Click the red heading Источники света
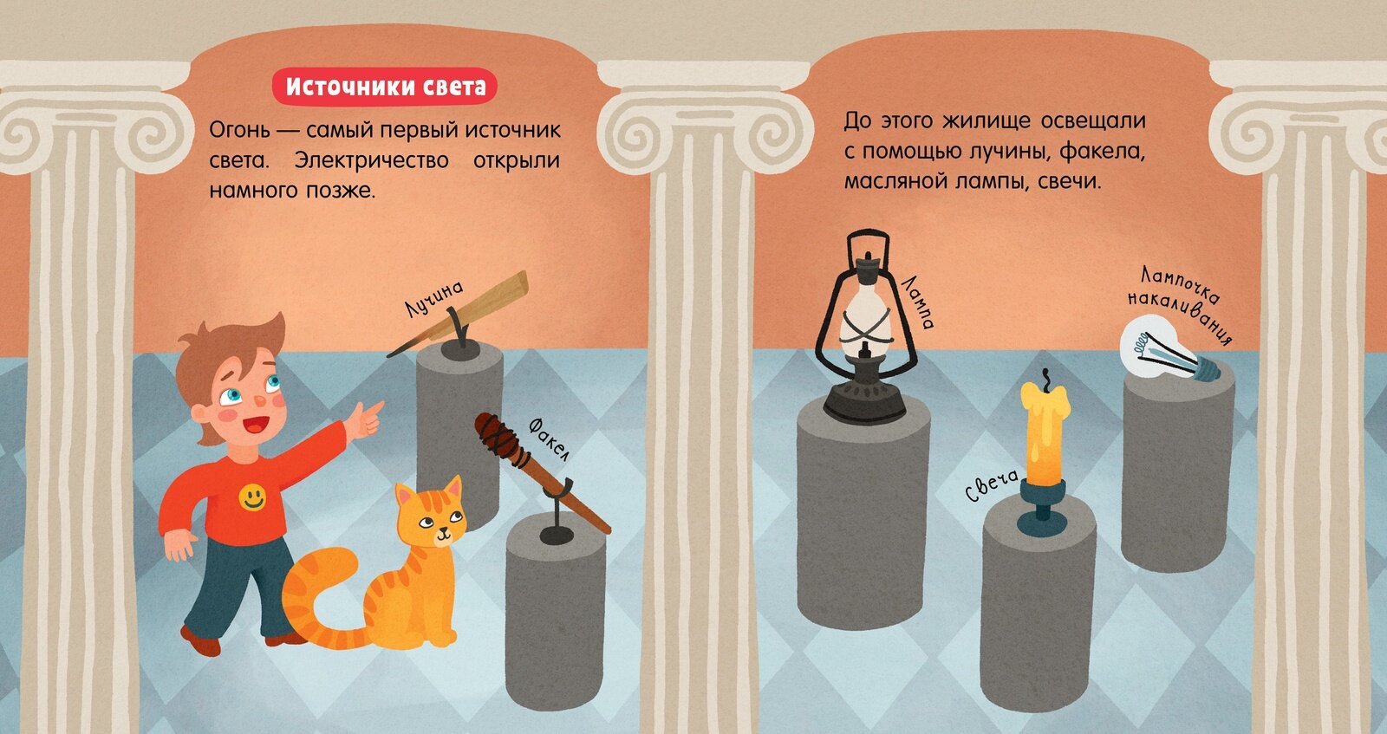coord(385,87)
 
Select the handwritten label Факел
coord(549,439)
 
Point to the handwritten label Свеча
coord(993,485)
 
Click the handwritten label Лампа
coord(917,303)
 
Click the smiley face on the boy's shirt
coord(252,497)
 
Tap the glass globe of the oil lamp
coord(866,322)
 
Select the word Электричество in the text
coord(371,161)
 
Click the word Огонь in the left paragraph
coord(239,131)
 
